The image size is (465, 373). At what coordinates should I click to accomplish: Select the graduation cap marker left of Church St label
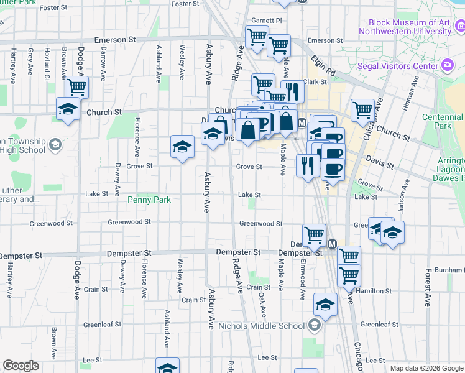coord(68,109)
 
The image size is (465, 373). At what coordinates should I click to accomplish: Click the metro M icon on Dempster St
coord(332,244)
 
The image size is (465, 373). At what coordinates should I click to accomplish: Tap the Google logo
coord(21,366)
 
